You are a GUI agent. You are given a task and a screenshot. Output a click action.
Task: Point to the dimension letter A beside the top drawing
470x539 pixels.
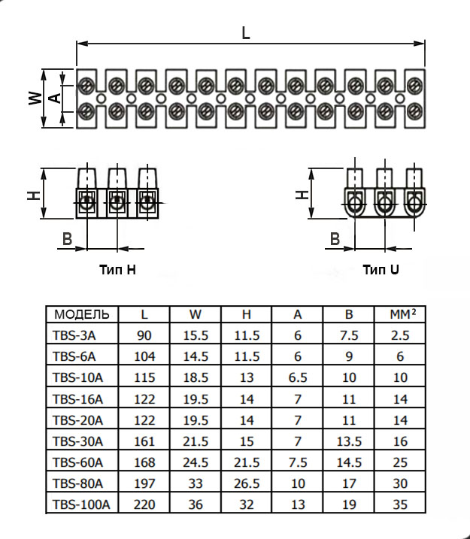coord(53,98)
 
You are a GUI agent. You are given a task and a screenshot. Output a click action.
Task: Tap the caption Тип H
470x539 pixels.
coord(117,268)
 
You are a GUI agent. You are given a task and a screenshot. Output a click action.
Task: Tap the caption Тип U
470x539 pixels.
coord(381,269)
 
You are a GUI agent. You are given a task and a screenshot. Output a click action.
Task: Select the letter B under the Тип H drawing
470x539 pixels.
coord(67,240)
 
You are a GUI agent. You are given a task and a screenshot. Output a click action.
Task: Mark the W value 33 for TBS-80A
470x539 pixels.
coord(195,483)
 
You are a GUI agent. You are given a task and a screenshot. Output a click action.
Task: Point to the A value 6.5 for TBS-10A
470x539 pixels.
coord(298,377)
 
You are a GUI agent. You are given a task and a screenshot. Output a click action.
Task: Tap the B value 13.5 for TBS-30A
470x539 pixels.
coord(350,441)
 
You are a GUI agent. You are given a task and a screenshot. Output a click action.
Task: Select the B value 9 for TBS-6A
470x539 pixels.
coord(350,356)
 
